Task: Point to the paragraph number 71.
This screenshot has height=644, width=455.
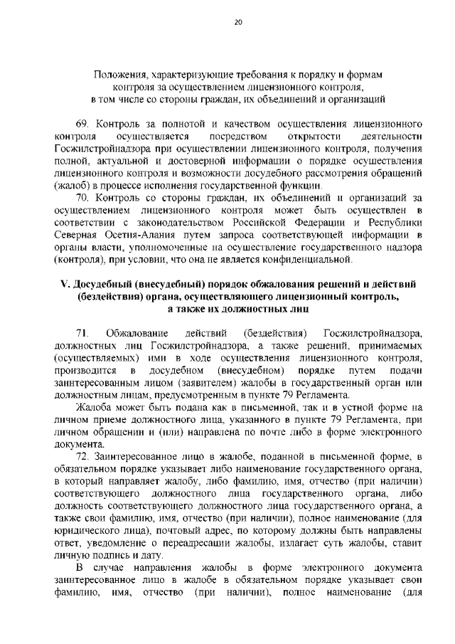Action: pyautogui.click(x=82, y=333)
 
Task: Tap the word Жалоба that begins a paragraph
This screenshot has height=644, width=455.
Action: pyautogui.click(x=95, y=407)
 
